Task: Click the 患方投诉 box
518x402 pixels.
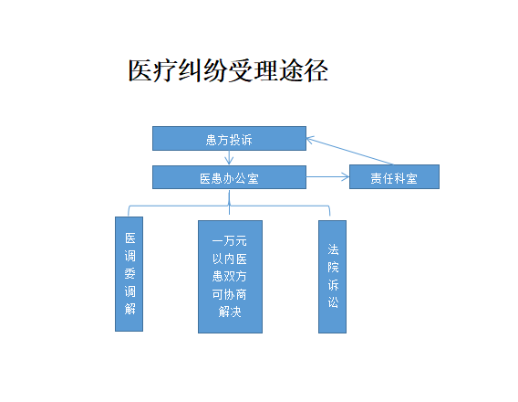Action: (229, 138)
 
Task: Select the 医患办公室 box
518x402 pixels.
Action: (229, 177)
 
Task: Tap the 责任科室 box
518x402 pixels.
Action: (394, 176)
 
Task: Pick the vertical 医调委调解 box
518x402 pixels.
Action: (129, 274)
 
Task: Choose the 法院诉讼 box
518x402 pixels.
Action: (332, 277)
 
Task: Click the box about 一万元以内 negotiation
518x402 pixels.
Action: (230, 277)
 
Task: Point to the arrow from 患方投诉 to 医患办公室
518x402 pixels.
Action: (229, 157)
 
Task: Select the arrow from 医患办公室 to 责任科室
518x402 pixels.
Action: (327, 176)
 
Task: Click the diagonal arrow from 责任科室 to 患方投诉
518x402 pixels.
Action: (349, 151)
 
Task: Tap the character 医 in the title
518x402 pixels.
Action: (140, 70)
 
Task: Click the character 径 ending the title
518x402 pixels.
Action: (316, 70)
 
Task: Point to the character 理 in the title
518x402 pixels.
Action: (266, 70)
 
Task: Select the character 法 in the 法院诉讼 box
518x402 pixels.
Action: (333, 249)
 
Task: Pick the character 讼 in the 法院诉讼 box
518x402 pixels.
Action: (333, 302)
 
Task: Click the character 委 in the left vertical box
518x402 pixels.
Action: (129, 273)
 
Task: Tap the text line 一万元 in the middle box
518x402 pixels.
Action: (230, 241)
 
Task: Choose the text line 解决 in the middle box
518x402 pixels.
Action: (230, 312)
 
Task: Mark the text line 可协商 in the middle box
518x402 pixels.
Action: (230, 294)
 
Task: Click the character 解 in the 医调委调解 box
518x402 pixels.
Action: (129, 309)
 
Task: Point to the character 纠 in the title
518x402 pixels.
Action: (191, 70)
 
